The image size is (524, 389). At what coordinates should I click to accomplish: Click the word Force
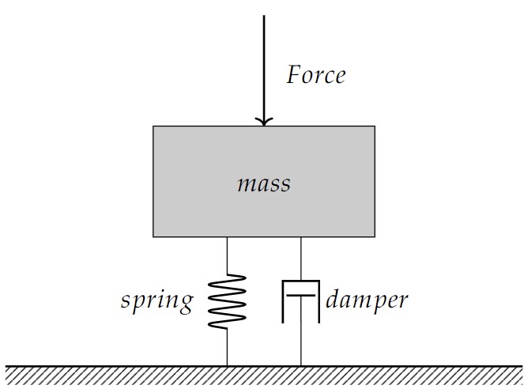(315, 75)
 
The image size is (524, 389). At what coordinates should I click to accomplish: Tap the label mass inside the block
(264, 184)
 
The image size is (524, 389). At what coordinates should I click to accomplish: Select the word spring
(156, 300)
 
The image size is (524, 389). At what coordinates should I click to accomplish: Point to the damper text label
(367, 300)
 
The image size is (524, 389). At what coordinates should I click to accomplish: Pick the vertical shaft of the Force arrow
(263, 63)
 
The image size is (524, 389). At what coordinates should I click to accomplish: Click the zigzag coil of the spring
(227, 300)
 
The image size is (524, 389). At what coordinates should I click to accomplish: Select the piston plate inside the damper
(300, 294)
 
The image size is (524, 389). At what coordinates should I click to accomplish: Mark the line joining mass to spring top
(227, 255)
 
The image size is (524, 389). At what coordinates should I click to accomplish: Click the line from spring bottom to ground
(227, 346)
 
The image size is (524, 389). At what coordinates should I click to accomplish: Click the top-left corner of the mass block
(153, 126)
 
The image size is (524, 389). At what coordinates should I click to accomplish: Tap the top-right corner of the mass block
(374, 126)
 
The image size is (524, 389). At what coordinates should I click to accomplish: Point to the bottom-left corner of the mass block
(153, 236)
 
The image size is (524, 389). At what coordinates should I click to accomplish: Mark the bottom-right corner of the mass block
(374, 236)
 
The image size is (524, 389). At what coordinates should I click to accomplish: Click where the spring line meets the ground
(227, 365)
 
